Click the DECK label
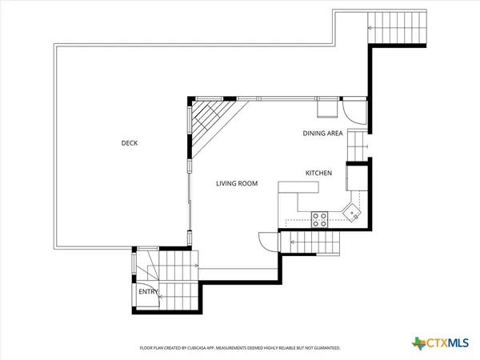[x=129, y=143]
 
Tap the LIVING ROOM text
[x=237, y=183]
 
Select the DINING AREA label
[x=322, y=134]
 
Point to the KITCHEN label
[x=318, y=173]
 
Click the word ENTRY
[x=148, y=292]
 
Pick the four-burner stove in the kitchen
[x=319, y=219]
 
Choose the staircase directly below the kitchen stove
[x=313, y=242]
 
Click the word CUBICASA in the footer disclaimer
[x=196, y=348]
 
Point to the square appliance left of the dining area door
[x=327, y=108]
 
